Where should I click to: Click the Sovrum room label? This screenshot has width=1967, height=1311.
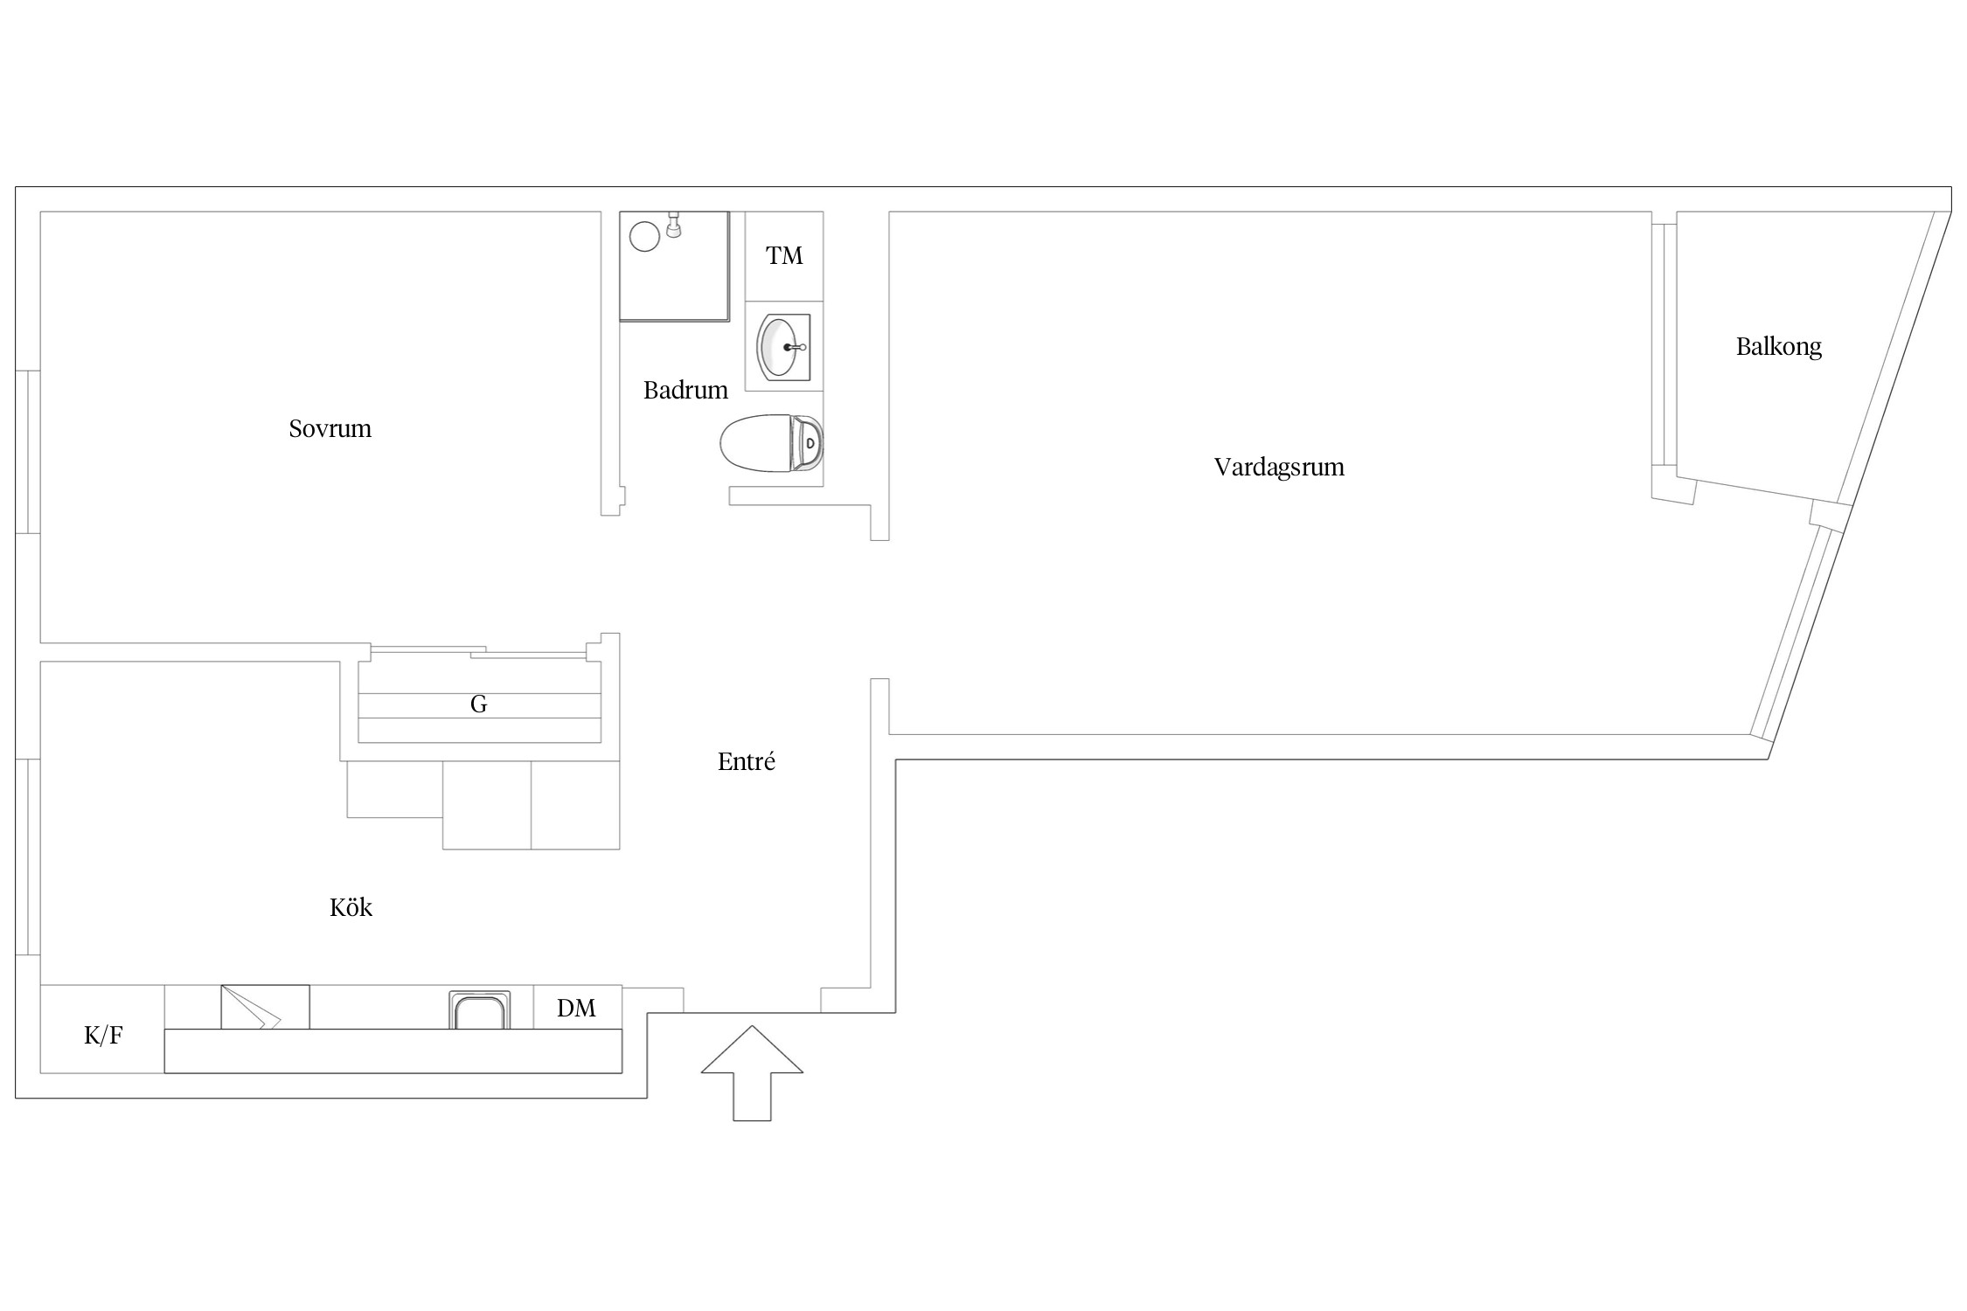[x=330, y=428]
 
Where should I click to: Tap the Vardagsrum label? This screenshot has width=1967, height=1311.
[x=1279, y=468]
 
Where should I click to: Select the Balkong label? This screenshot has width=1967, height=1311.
[x=1779, y=347]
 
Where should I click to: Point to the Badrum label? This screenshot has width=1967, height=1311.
[x=685, y=390]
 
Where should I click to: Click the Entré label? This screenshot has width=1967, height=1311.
[x=747, y=761]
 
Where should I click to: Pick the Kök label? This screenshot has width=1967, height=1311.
[x=351, y=907]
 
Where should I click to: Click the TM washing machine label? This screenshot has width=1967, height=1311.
[x=784, y=255]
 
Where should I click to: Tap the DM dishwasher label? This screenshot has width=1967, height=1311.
[x=576, y=1009]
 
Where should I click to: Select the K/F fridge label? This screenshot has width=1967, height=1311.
[x=103, y=1036]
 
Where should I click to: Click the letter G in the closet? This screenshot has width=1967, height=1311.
[x=478, y=704]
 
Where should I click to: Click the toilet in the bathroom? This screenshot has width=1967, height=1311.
[x=771, y=443]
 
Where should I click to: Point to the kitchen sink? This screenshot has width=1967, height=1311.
[x=479, y=1010]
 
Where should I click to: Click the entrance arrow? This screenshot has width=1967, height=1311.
[x=752, y=1072]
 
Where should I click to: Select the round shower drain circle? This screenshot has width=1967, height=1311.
[x=645, y=237]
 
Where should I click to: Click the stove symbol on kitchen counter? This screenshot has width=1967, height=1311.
[x=265, y=1007]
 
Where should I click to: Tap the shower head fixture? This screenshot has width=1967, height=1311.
[x=674, y=225]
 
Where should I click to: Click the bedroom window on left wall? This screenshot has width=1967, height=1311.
[x=28, y=452]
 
